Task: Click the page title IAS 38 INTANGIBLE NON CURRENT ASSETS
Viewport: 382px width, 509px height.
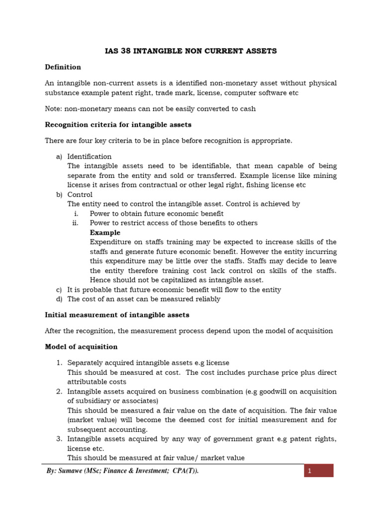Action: (191, 51)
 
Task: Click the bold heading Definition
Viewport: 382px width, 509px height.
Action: (63, 67)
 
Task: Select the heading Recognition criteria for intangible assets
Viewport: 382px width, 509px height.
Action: (118, 125)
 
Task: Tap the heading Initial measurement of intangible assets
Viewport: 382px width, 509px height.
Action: (117, 315)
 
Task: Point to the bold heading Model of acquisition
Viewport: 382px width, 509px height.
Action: (81, 347)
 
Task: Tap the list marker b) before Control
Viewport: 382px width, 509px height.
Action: (59, 195)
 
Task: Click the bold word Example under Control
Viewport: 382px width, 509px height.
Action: (105, 233)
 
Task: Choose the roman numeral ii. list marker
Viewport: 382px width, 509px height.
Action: (76, 223)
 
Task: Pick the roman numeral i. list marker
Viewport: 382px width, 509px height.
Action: (76, 214)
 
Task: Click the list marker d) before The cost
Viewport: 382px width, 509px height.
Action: (59, 299)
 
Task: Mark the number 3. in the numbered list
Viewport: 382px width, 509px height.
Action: (58, 439)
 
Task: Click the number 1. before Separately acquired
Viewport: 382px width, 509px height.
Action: (58, 363)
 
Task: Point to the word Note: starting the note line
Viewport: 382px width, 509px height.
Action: (54, 109)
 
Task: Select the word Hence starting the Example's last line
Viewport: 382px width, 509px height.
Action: (99, 280)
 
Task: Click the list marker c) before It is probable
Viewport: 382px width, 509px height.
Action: (59, 290)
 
